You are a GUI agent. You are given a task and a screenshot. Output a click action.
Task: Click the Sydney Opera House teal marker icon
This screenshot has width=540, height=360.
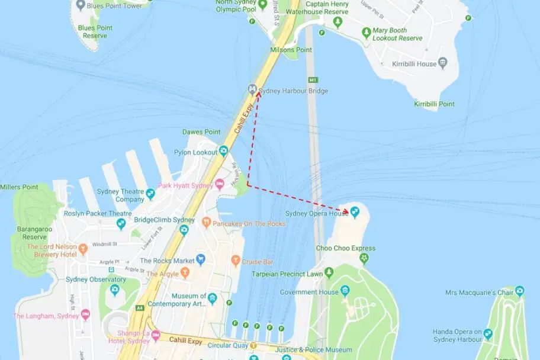pos(355,211)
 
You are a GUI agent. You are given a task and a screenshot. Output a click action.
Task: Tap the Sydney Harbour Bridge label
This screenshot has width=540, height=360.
pos(292,91)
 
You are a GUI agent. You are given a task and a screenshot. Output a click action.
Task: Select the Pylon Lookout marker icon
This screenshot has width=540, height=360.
pos(223,151)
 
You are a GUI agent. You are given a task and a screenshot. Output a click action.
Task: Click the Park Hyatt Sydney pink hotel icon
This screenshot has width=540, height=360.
pos(219,185)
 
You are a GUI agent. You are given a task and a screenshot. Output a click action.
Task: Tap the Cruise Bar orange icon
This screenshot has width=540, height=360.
pos(236,261)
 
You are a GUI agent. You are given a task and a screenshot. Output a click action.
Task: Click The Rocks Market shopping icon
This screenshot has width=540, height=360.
pos(201,259)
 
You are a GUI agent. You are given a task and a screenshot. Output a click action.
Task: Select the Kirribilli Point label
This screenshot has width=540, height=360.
pos(434,104)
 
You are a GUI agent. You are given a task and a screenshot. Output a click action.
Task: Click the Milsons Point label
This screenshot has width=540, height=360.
pos(292,50)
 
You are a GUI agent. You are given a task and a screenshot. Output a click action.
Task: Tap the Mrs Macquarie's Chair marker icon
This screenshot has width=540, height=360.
pos(519,291)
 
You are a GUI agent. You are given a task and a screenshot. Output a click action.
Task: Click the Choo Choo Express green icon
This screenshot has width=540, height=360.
pos(364,258)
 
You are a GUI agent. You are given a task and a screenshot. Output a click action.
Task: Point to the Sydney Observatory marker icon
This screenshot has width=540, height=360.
pos(115,290)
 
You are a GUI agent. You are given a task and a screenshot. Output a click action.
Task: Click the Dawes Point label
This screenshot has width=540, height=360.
pos(201,132)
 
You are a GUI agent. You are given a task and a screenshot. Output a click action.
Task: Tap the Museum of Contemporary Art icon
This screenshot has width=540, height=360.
pos(213,299)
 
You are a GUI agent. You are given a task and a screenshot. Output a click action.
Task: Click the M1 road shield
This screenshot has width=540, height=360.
pos(313,79)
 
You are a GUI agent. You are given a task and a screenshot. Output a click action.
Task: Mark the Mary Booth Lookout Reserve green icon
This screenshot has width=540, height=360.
pos(367,31)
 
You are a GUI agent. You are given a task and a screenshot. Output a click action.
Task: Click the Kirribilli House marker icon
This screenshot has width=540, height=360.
pos(442,63)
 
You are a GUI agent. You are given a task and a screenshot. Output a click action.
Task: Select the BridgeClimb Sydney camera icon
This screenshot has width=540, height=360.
pos(184,229)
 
